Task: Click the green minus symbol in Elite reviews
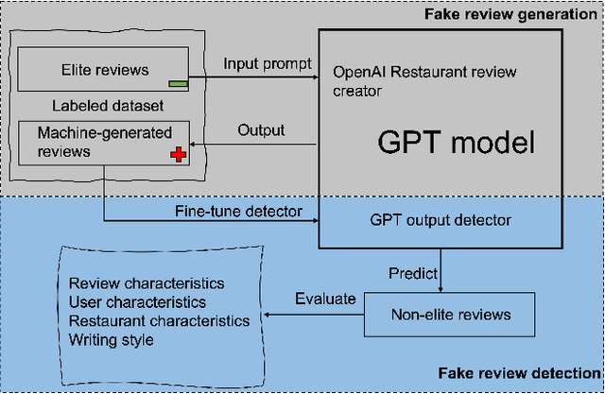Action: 179,84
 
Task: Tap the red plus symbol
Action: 179,155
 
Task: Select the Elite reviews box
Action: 103,69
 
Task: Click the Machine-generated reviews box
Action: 104,144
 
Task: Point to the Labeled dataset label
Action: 108,106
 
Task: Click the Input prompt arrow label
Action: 268,64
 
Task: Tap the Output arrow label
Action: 261,130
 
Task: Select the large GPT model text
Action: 456,143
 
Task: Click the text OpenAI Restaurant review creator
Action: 424,81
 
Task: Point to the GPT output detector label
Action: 441,220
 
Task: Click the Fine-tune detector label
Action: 238,212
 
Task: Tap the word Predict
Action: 413,273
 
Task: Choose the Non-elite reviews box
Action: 450,315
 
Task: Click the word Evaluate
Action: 325,299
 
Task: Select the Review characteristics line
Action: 147,283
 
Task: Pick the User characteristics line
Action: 137,302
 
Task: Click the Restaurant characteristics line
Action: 159,320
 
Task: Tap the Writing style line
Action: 112,340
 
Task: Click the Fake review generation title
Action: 510,15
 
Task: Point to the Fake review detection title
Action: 519,373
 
